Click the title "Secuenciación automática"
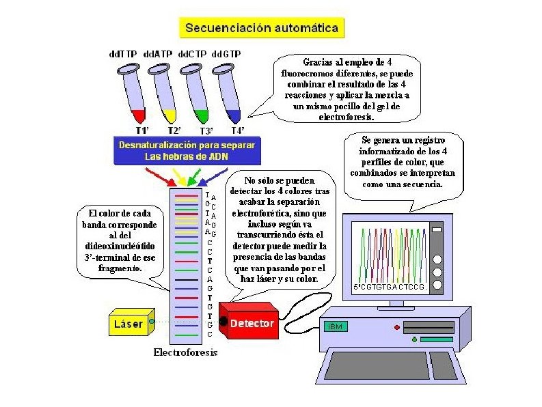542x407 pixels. pos(262,28)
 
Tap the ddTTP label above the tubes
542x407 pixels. pos(124,53)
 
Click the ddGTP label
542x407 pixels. pos(227,53)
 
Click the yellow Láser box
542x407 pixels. pos(128,324)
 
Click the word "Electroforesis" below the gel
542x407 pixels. pos(185,353)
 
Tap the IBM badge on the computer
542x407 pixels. pos(336,326)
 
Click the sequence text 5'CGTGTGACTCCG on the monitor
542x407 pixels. pos(390,287)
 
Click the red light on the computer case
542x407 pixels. pos(396,328)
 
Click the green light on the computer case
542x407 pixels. pos(414,339)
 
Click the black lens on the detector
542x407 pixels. pos(223,320)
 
